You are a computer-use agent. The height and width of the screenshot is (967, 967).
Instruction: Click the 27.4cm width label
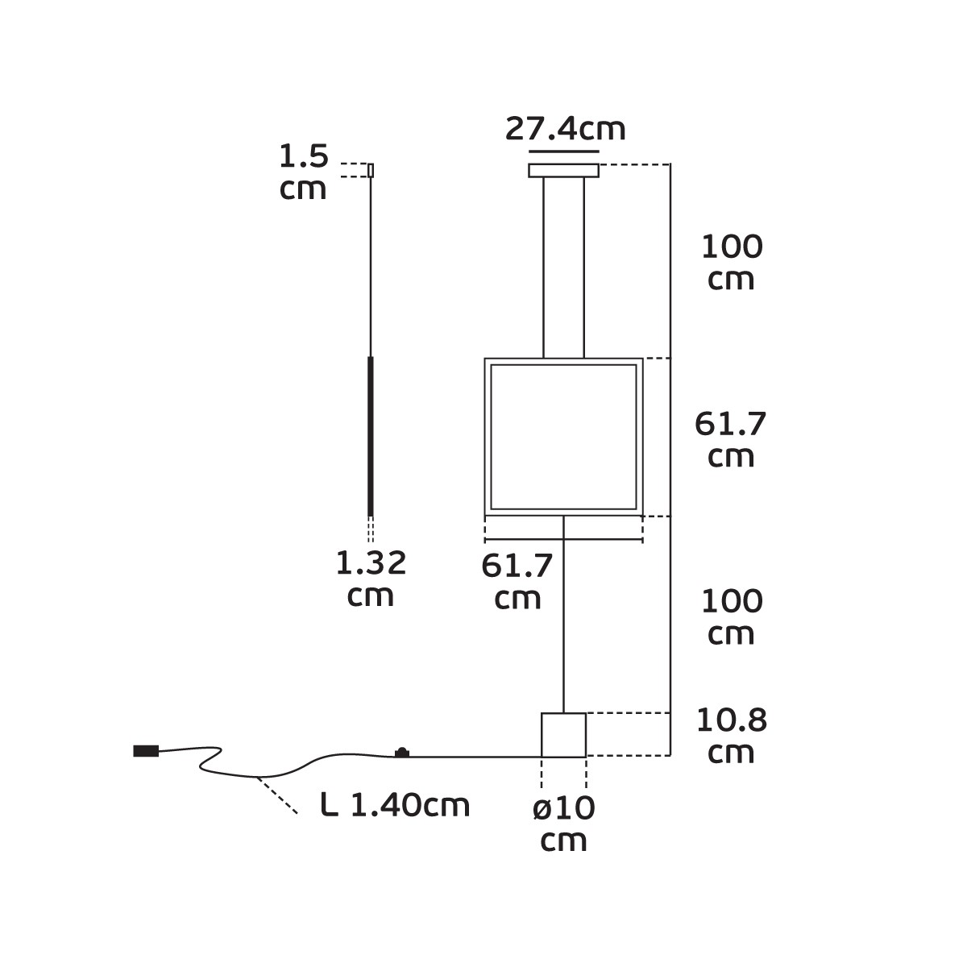[565, 129]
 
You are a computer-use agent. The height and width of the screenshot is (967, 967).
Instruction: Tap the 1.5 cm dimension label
[304, 172]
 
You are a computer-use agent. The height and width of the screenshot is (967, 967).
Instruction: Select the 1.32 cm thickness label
[371, 578]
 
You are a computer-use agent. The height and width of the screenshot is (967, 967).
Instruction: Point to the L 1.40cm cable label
[395, 805]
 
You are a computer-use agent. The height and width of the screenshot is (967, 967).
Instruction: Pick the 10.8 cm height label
[731, 736]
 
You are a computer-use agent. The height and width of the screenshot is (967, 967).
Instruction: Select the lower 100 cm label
[732, 616]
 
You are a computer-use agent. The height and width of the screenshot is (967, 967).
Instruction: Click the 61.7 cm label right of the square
[731, 439]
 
